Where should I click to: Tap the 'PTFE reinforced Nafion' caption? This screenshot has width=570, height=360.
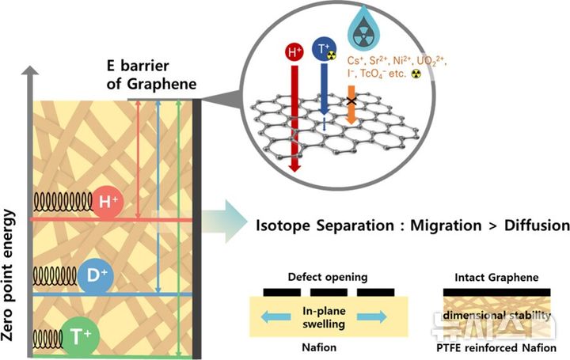click(x=496, y=347)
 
